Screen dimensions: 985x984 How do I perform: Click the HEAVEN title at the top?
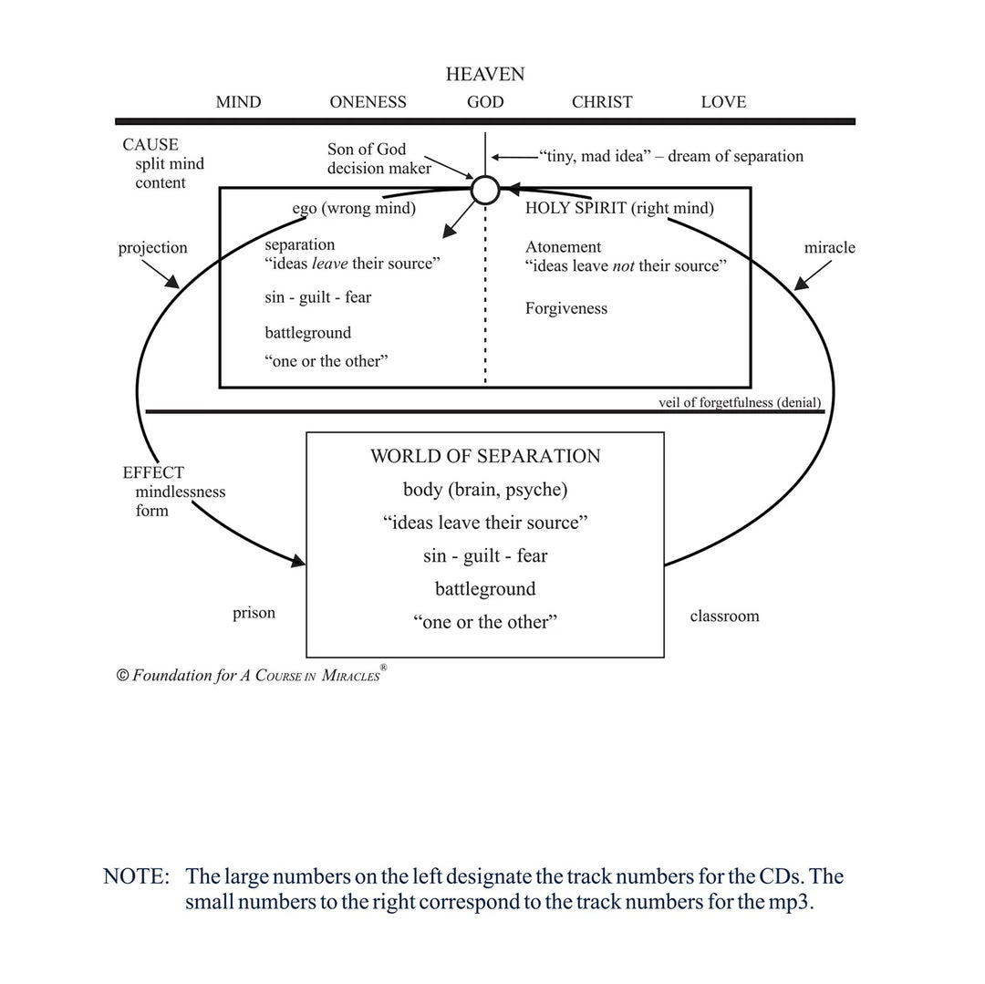485,74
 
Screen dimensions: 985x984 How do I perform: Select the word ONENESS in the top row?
368,102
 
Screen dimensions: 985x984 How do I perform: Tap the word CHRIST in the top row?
602,102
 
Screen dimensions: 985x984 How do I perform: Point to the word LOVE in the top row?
723,102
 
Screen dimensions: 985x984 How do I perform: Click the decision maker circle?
485,176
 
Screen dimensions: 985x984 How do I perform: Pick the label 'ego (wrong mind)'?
354,209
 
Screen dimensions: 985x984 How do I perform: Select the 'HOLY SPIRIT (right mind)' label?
619,209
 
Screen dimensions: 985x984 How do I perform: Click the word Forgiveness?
566,308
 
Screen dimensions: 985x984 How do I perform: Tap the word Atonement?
563,247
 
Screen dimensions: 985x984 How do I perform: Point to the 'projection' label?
152,248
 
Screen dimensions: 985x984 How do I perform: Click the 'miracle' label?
829,247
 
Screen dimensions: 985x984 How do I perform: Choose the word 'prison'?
254,613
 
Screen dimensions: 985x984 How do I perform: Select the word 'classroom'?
724,616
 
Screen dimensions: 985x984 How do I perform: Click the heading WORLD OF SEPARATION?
485,456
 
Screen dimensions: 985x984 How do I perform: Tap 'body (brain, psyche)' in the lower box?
485,490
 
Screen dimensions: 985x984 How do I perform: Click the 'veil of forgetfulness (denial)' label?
740,402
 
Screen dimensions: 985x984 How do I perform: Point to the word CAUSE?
150,144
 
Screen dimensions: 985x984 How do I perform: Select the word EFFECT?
153,472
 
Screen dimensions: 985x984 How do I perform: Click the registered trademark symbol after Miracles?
383,668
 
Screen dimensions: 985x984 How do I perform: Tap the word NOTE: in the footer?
136,876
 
